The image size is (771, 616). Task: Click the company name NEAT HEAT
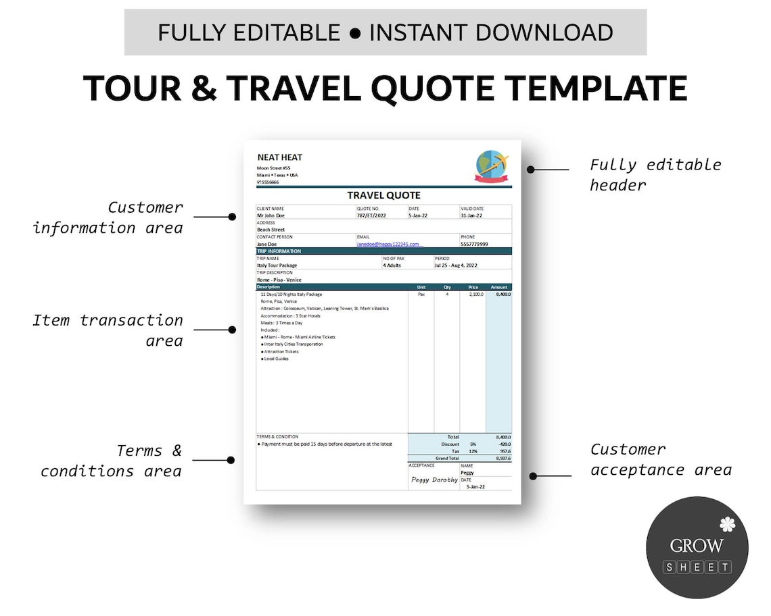click(x=279, y=157)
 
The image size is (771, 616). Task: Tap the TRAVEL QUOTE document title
click(x=383, y=195)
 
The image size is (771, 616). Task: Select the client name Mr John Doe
click(x=271, y=215)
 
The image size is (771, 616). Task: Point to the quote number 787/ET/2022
click(x=371, y=215)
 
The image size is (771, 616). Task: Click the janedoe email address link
click(x=389, y=244)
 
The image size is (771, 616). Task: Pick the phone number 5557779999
click(x=474, y=244)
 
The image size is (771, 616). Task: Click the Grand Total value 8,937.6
click(x=503, y=458)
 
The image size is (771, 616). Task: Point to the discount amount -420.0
click(x=503, y=444)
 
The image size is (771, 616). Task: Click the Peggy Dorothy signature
click(x=434, y=480)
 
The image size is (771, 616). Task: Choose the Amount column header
click(x=499, y=287)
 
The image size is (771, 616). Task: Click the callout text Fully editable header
click(x=655, y=174)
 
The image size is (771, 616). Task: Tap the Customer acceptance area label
click(x=660, y=459)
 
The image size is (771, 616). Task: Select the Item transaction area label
click(x=108, y=330)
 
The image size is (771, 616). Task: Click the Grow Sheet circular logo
click(x=697, y=547)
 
